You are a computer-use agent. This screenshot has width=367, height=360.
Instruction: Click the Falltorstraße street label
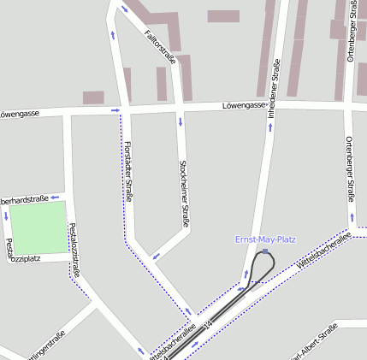160,46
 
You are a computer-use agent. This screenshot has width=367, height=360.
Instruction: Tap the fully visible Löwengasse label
245,106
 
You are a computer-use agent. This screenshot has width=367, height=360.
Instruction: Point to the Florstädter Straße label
129,170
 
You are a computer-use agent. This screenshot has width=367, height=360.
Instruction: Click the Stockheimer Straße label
183,193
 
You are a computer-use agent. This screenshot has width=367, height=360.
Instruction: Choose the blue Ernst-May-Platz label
265,239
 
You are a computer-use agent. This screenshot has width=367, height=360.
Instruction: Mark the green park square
38,227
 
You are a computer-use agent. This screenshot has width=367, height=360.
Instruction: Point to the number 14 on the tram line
210,322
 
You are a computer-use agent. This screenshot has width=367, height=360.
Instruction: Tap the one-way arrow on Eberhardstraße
54,197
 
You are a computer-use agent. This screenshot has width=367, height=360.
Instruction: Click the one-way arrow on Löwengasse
115,110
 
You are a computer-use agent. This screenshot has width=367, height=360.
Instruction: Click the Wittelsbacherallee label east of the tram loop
323,253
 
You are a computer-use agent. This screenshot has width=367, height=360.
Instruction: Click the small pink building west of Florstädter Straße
93,97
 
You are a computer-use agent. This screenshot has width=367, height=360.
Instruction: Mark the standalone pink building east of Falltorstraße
223,16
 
